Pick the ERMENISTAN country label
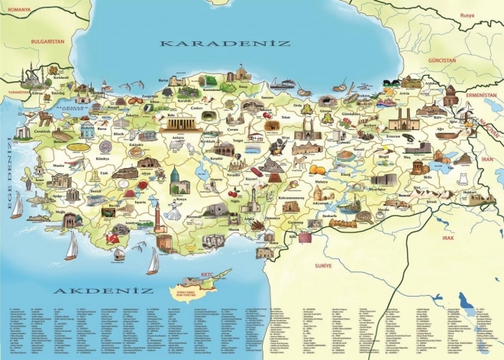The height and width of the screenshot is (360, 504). tap(481, 95)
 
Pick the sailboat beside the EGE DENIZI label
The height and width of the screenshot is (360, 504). tap(17, 205)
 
